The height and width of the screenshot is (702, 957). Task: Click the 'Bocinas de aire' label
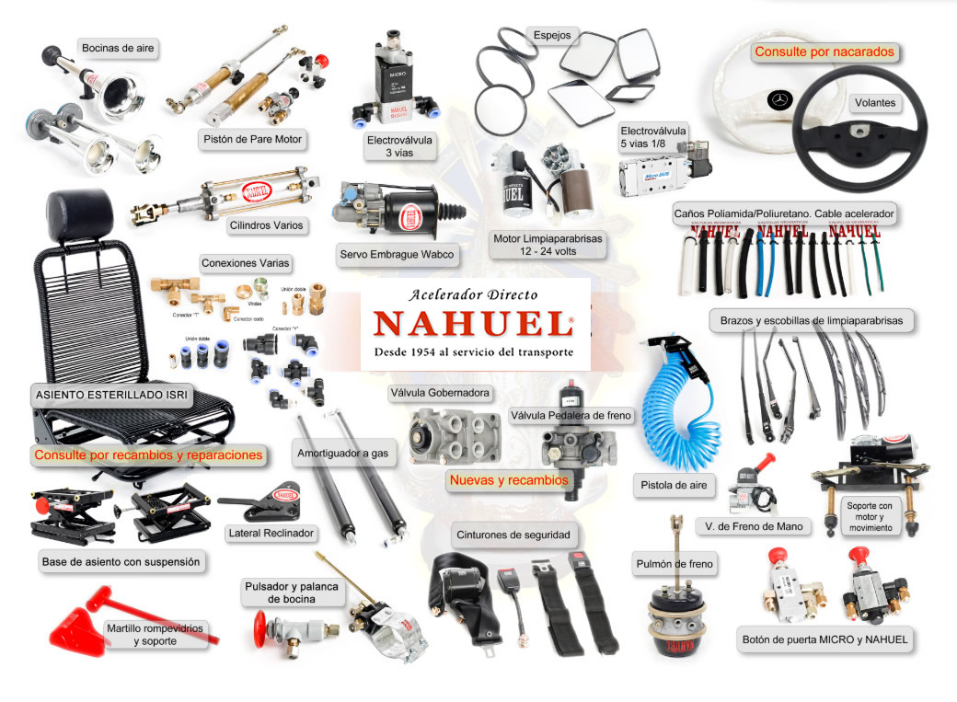(119, 47)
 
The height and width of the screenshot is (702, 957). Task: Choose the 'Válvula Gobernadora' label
(441, 393)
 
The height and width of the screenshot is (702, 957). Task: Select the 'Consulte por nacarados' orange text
(824, 52)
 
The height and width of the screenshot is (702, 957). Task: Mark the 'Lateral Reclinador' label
(271, 533)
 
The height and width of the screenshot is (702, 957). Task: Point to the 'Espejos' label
(552, 36)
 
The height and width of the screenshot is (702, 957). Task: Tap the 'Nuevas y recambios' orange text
(509, 480)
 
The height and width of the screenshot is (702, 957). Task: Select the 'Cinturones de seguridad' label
(513, 535)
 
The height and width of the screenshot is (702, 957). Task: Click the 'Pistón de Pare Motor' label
(251, 140)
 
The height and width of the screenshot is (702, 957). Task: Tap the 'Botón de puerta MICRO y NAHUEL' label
(824, 639)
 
